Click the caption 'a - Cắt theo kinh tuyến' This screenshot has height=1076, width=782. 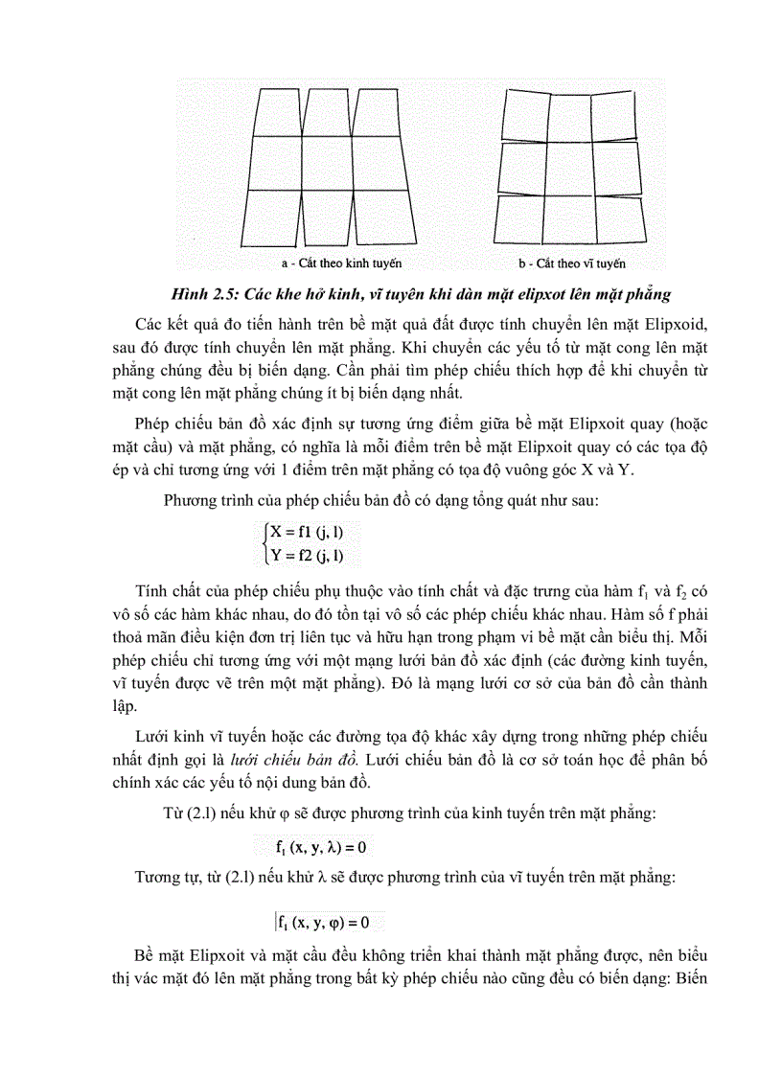(x=341, y=263)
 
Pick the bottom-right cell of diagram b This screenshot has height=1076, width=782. (x=618, y=220)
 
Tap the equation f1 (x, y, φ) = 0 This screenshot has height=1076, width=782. (x=323, y=922)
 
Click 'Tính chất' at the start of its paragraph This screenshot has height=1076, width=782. (x=166, y=586)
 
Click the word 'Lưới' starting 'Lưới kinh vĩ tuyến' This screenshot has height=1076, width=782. (x=153, y=736)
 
